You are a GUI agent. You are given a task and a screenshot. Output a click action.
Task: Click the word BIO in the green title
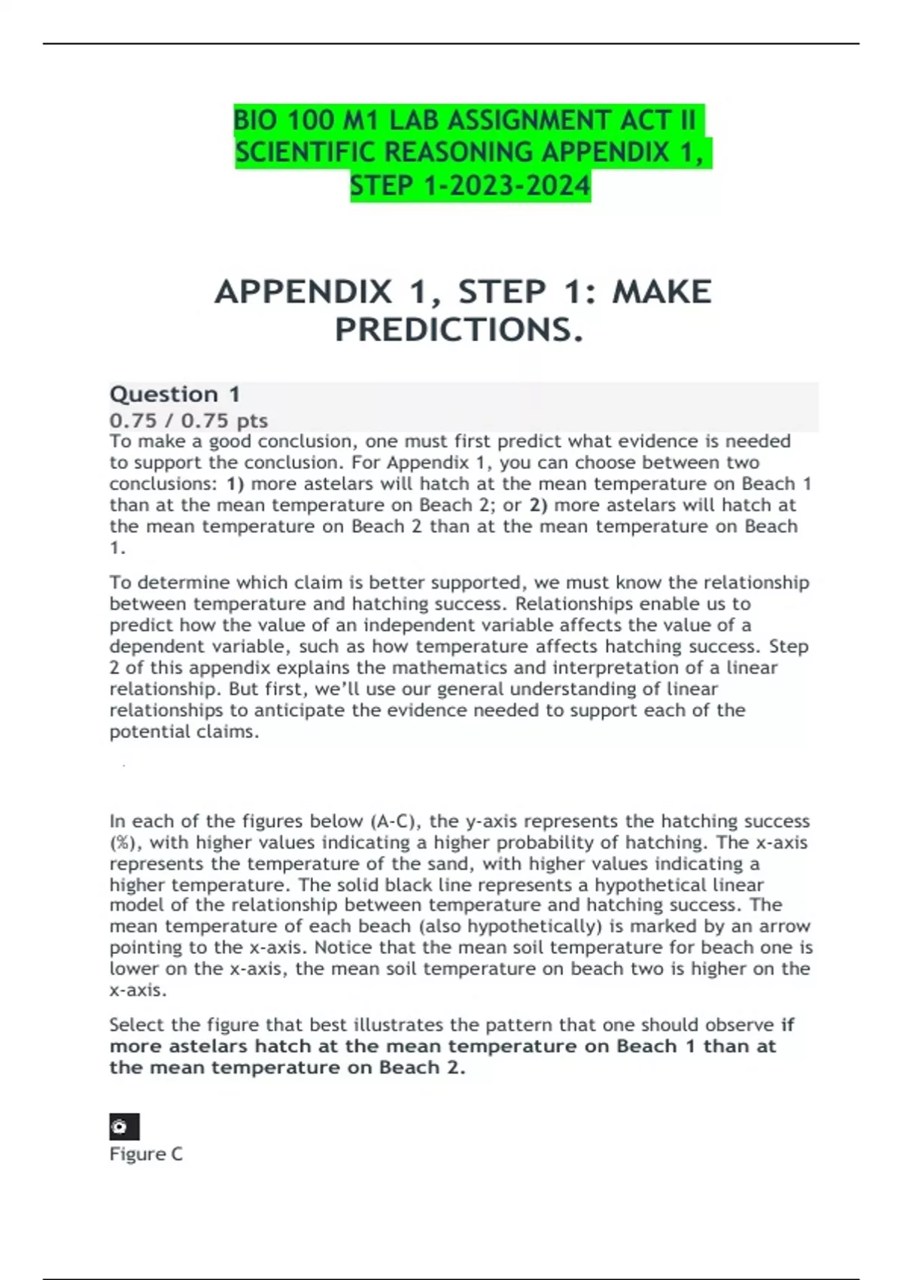pos(255,120)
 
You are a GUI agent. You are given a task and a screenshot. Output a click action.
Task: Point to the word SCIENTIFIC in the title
pos(306,153)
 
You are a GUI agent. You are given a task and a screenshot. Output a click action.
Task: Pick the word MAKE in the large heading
pos(661,292)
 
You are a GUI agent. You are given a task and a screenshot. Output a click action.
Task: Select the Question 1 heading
pos(175,394)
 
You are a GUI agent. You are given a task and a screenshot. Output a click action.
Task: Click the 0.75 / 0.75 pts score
pos(188,420)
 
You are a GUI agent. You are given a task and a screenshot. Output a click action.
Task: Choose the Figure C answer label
pos(146,1154)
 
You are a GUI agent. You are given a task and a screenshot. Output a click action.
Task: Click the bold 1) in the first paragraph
pos(235,483)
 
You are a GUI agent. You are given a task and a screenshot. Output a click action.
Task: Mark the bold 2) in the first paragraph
pos(538,504)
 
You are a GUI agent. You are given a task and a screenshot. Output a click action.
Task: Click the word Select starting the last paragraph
pos(137,1025)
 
